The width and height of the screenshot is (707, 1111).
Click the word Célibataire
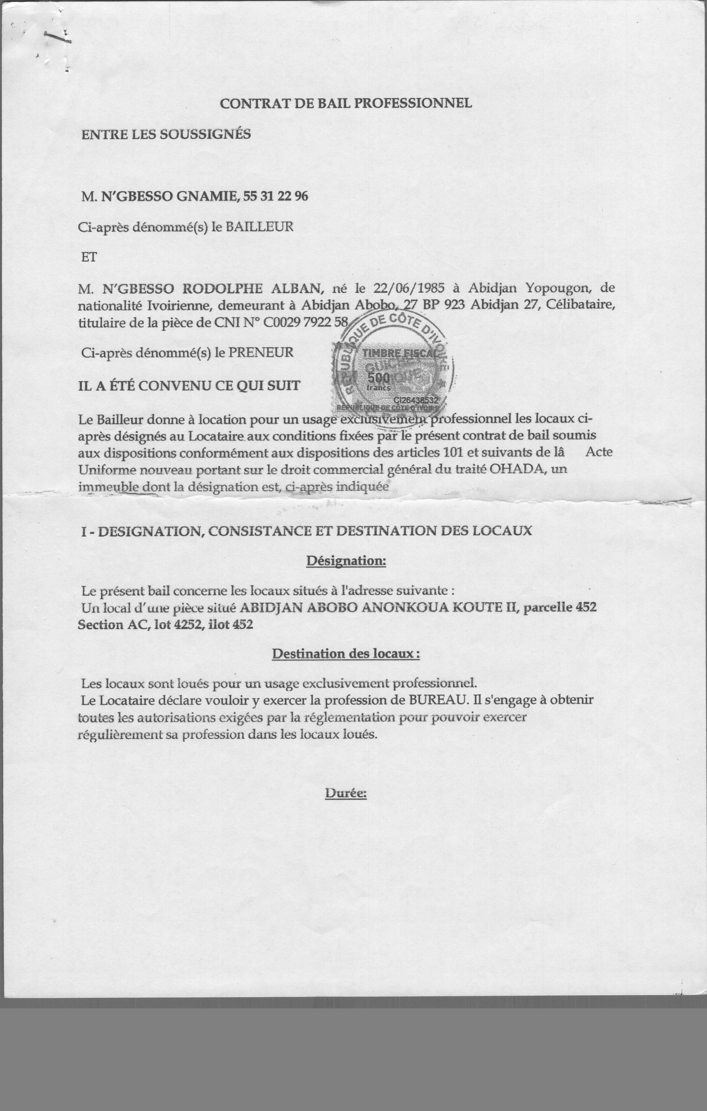pyautogui.click(x=580, y=305)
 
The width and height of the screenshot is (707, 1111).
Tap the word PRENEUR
pyautogui.click(x=261, y=352)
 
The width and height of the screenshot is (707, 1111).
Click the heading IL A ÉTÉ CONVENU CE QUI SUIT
pyautogui.click(x=189, y=386)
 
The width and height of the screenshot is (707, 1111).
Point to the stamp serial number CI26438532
pyautogui.click(x=415, y=400)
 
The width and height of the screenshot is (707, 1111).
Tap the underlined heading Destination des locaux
pyautogui.click(x=346, y=654)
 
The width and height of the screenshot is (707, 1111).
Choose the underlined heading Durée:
pyautogui.click(x=346, y=793)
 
